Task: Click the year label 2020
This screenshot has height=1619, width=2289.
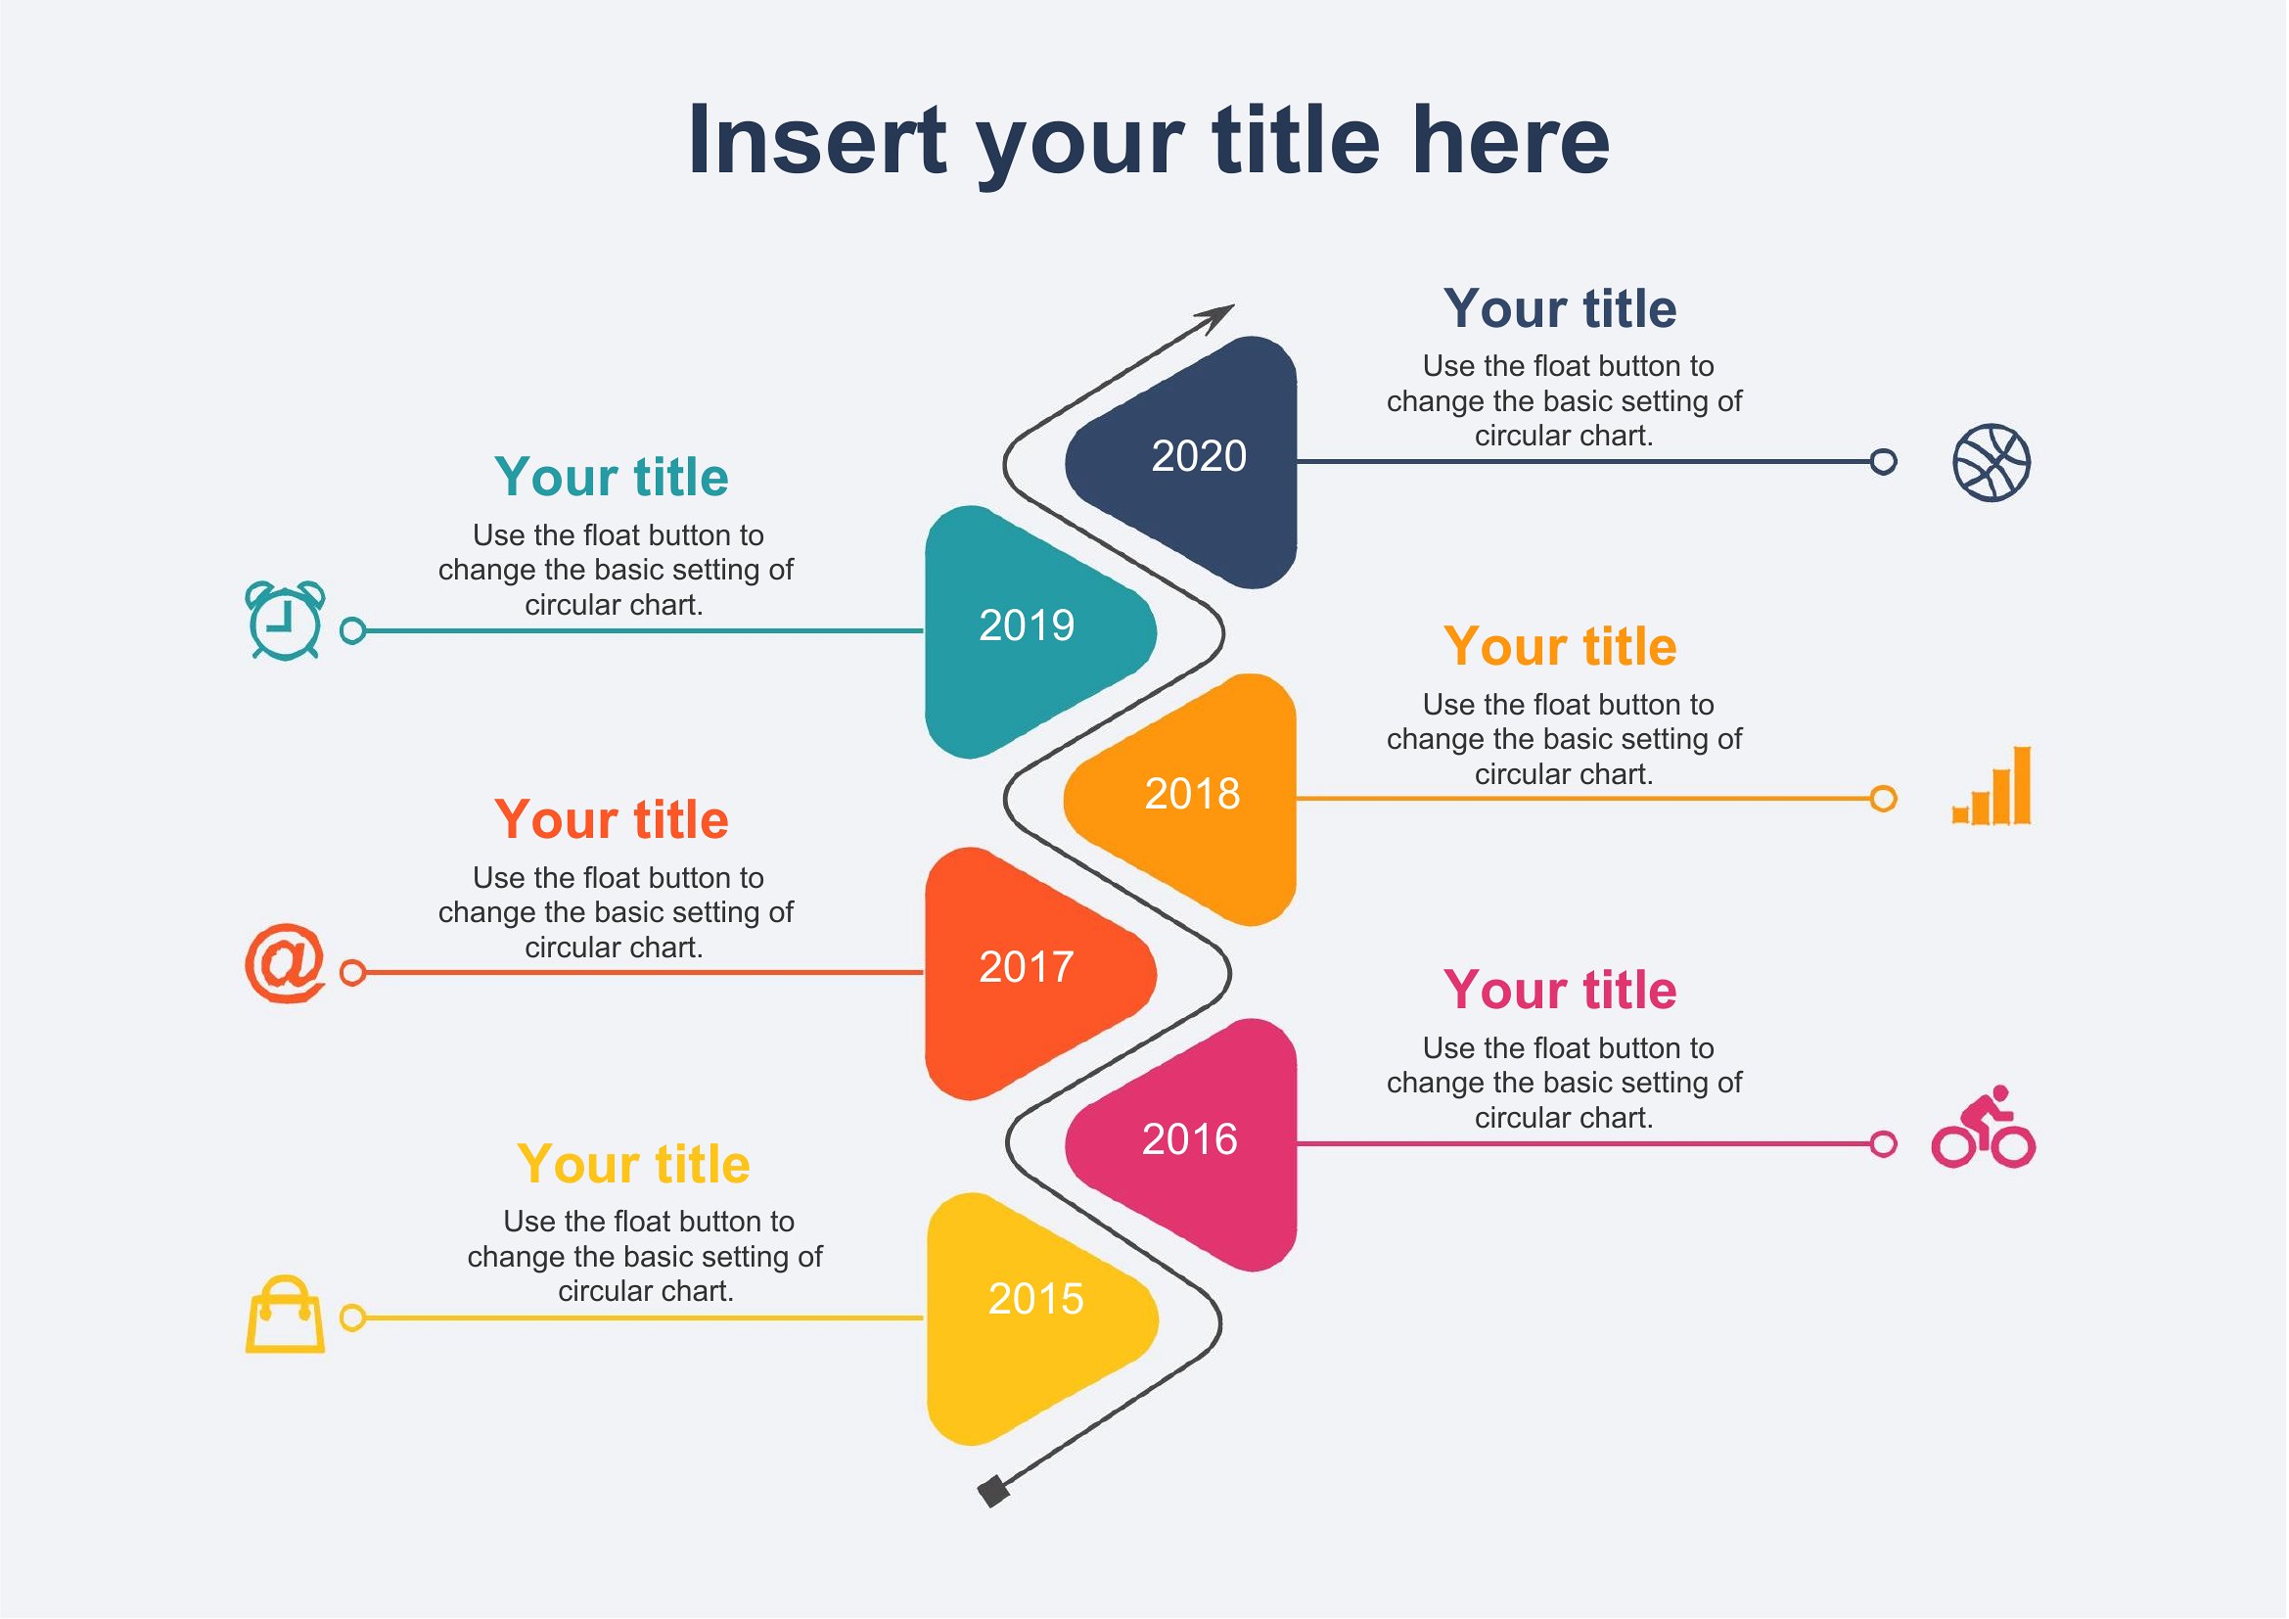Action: [x=1199, y=455]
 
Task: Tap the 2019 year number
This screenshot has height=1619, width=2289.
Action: [x=1026, y=625]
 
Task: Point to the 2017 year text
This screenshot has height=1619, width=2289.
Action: [x=1026, y=966]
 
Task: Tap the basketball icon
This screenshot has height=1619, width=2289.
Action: [x=1991, y=463]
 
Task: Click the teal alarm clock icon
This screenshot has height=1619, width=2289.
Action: [x=285, y=620]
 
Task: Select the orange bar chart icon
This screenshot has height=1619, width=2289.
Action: [x=1991, y=786]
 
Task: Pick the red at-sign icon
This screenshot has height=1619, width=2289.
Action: [x=285, y=963]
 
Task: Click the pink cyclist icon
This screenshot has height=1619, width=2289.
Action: [x=1983, y=1127]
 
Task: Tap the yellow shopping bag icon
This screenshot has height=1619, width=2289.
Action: [x=285, y=1314]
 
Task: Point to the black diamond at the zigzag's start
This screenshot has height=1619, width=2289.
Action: [x=993, y=1492]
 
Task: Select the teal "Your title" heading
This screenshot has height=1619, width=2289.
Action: [x=611, y=477]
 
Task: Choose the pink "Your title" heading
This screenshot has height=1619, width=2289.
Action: [x=1560, y=990]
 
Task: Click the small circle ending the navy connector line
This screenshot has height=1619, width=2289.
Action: [x=1883, y=462]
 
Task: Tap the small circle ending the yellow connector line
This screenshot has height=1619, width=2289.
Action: [x=353, y=1318]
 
